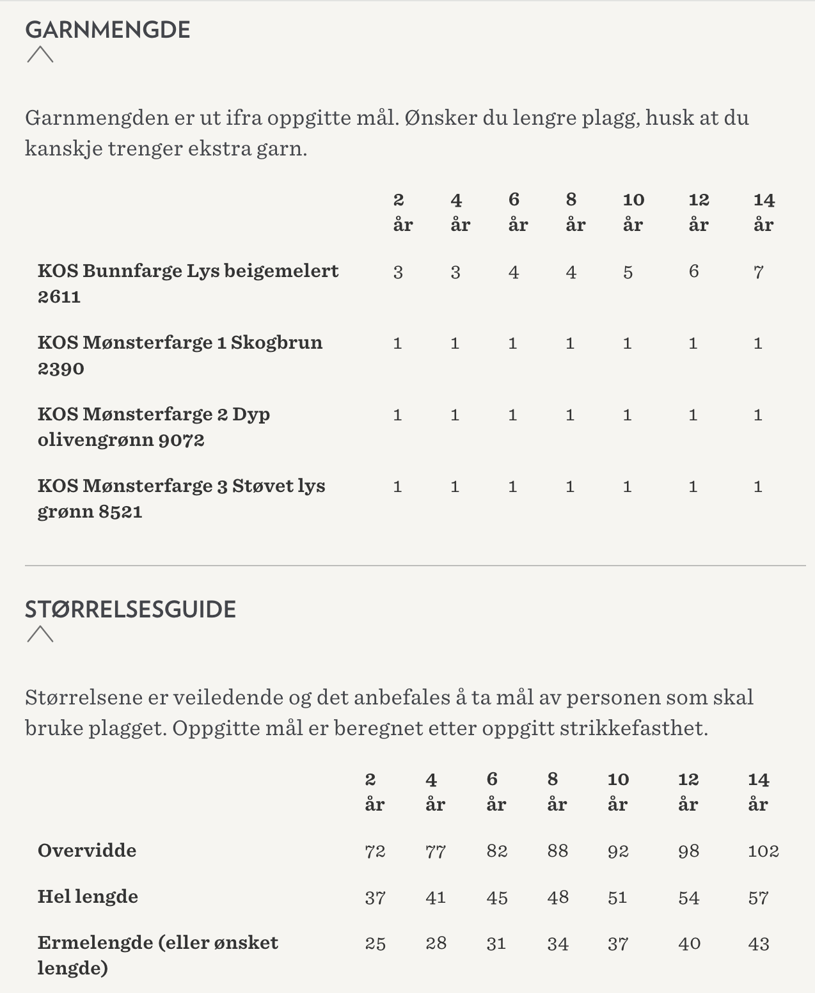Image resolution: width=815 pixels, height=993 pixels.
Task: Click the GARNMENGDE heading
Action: click(x=107, y=30)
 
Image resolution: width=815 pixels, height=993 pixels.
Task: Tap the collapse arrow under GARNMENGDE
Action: click(x=40, y=55)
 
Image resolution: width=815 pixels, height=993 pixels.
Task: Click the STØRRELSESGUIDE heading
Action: click(x=131, y=609)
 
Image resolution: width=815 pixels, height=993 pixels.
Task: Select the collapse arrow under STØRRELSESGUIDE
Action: click(x=40, y=634)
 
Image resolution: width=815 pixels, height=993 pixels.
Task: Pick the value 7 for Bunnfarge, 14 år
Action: click(x=758, y=273)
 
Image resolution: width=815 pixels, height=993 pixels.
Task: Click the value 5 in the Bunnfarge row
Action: click(x=628, y=273)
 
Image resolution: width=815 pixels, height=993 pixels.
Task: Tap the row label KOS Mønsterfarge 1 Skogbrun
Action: click(x=180, y=355)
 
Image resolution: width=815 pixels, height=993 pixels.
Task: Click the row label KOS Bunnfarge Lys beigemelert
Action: click(x=187, y=283)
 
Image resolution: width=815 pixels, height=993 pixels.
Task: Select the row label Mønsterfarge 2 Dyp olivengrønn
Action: click(x=154, y=427)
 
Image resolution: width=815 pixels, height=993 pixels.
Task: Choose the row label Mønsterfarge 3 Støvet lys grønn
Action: click(x=181, y=498)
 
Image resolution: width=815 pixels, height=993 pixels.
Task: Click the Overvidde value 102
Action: click(x=763, y=851)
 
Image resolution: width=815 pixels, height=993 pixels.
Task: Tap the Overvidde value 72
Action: click(x=375, y=851)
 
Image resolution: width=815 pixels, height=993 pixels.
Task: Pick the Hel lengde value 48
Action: click(x=557, y=897)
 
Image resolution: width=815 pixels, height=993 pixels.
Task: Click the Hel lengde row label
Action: click(x=88, y=896)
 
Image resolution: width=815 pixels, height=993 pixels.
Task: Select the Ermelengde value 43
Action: click(x=759, y=944)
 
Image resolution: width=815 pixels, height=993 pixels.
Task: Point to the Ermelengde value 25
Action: click(x=375, y=944)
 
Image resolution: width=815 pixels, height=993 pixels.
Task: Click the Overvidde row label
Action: click(x=87, y=850)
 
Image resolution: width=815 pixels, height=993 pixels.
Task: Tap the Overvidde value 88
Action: click(x=557, y=851)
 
